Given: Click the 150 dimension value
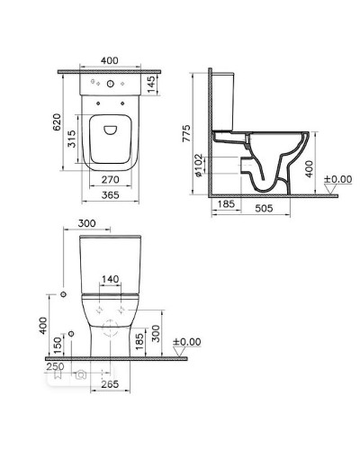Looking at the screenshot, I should (x=58, y=346).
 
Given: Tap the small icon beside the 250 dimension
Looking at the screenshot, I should (x=80, y=373).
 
